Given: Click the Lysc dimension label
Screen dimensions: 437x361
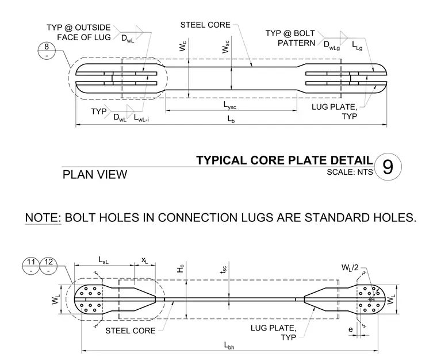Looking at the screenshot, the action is point(229,105).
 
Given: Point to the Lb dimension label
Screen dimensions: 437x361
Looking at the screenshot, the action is point(231,119).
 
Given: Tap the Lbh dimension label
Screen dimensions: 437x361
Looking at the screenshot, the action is point(229,345).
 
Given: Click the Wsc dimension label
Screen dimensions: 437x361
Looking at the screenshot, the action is point(226,47).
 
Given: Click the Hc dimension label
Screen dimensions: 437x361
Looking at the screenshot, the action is point(181,268).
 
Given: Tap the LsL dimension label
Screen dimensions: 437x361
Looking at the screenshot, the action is point(103,260).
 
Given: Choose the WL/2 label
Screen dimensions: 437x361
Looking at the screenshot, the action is point(350,268).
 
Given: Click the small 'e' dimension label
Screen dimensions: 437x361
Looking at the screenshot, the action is point(351,329).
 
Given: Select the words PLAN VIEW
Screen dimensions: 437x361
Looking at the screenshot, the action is point(95,175).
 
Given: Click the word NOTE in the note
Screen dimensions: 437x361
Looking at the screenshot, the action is point(43,217).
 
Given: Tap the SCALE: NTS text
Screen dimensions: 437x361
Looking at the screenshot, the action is point(350,172).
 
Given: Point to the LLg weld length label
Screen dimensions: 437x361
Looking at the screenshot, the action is point(357,45).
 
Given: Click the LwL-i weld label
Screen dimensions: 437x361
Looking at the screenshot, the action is point(141,118).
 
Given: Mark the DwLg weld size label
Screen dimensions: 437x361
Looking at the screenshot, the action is point(332,45).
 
